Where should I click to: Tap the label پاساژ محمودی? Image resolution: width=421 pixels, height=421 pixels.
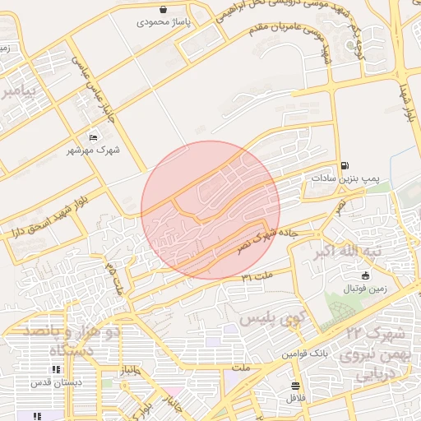click(164, 22)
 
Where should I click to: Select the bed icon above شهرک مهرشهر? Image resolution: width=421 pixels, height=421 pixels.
click(92, 137)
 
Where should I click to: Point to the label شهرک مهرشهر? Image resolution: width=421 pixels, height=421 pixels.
click(93, 150)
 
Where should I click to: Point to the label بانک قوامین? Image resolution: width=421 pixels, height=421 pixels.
click(301, 354)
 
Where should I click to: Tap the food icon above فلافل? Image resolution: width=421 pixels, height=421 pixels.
click(295, 386)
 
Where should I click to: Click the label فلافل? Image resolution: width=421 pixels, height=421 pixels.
click(295, 398)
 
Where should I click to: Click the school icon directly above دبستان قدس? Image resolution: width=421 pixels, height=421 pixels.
click(56, 370)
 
